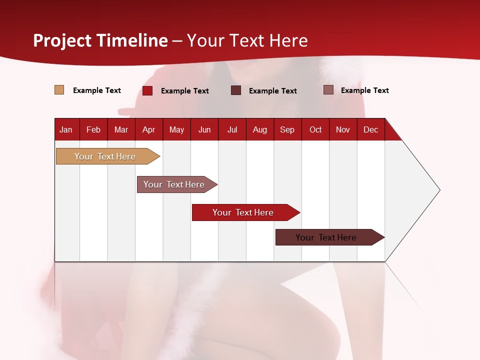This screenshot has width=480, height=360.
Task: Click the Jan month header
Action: point(66,130)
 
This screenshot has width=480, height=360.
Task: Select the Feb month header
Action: point(93,130)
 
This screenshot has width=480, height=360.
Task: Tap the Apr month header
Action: point(149,130)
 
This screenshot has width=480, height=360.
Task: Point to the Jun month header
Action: point(204,130)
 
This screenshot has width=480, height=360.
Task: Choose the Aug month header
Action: point(260,130)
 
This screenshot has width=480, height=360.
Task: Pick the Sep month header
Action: point(287,130)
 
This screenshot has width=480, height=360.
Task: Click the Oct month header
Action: point(315,130)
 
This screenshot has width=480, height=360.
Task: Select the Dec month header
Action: point(371,130)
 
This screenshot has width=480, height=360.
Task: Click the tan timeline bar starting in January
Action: point(105,156)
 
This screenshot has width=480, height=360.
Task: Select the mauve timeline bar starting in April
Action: point(174,184)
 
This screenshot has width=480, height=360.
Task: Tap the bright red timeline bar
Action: point(243,212)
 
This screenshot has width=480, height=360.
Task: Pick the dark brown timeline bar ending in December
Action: point(326,237)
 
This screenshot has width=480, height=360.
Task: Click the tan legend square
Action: point(59,90)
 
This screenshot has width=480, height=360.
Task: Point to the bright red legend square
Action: point(147,90)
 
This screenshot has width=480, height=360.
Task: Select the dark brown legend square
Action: point(236,90)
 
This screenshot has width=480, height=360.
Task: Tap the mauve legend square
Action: point(328,90)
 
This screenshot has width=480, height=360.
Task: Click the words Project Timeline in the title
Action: point(100,40)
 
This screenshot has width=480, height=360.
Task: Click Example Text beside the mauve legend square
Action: point(365,90)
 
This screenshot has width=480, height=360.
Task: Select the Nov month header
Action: point(343,130)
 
